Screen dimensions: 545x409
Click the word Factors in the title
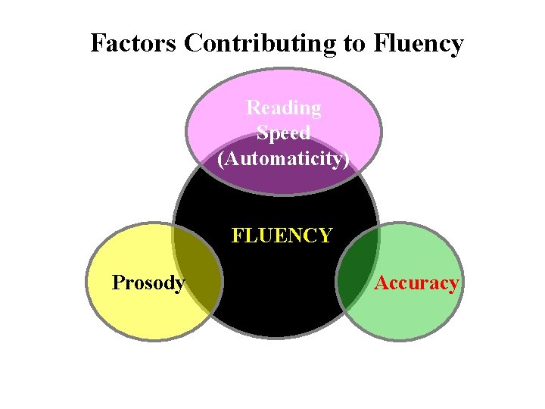(134, 43)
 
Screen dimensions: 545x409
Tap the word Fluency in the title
(418, 43)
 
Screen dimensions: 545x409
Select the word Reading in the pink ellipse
(284, 108)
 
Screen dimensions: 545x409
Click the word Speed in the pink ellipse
(284, 133)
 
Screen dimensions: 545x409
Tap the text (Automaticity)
(284, 159)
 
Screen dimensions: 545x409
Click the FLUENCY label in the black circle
(282, 236)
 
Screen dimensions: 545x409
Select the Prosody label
(148, 283)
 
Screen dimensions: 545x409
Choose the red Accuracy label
(416, 283)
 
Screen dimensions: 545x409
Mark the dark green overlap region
(356, 276)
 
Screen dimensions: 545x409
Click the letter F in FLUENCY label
(237, 236)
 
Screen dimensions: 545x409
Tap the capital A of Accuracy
(381, 283)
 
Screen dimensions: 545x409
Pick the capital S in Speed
(262, 133)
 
